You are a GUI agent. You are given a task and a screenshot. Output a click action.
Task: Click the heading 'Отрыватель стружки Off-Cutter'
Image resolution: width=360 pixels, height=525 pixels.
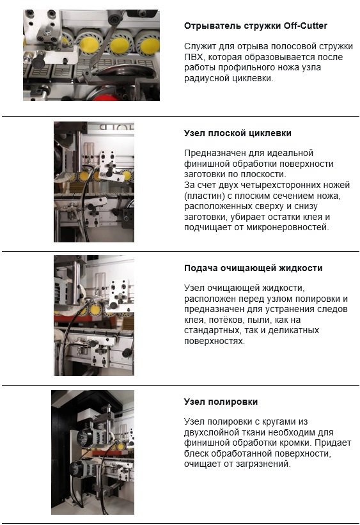pyautogui.click(x=256, y=26)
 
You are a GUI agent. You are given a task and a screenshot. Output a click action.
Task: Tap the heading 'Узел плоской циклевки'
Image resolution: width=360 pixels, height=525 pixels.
pyautogui.click(x=237, y=133)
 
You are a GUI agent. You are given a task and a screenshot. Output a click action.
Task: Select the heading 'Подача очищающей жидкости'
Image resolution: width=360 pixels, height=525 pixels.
pyautogui.click(x=253, y=268)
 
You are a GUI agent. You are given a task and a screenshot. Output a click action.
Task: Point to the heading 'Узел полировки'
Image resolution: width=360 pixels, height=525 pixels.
pyautogui.click(x=221, y=402)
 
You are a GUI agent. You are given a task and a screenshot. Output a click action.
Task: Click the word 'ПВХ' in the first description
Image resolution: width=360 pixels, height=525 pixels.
pyautogui.click(x=194, y=57)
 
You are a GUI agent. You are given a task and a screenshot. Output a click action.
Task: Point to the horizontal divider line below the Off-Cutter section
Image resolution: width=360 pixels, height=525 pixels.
pyautogui.click(x=180, y=117)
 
